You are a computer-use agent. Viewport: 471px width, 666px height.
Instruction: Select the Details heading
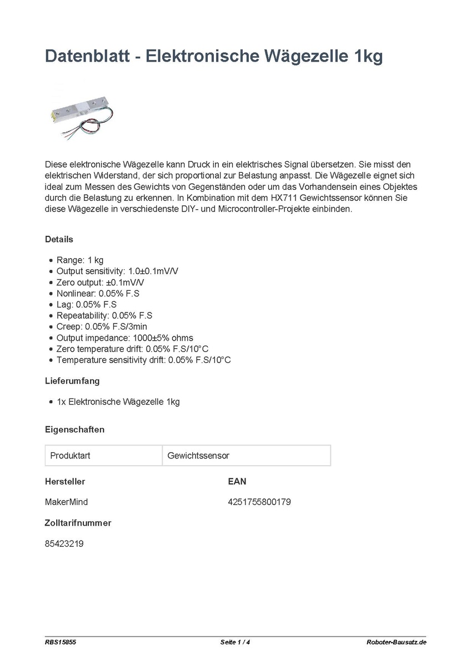[59, 240]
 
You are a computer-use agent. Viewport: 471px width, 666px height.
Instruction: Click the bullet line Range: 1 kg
[80, 260]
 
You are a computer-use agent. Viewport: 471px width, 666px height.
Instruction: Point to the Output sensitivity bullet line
[117, 271]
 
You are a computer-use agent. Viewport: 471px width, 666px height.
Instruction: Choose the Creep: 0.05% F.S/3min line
[102, 326]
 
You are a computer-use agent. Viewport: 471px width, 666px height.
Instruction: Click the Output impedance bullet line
[125, 337]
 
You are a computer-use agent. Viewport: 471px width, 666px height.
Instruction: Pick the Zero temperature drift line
[133, 349]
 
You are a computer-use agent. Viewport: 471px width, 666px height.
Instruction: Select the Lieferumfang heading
[72, 381]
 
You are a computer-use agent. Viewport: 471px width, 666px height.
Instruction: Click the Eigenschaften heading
[74, 430]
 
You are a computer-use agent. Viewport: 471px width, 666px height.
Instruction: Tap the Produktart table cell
[103, 456]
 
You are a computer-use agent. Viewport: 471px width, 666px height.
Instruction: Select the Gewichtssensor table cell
[246, 456]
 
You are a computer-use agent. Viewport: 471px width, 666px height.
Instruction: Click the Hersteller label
[65, 481]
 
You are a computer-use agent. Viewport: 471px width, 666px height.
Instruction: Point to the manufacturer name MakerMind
[66, 502]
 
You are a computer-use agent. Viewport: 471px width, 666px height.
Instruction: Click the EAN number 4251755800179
[259, 502]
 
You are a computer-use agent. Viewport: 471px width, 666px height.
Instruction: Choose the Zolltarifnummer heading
[78, 523]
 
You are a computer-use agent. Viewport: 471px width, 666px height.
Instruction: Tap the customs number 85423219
[64, 544]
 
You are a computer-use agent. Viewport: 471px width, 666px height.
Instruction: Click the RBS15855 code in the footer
[61, 643]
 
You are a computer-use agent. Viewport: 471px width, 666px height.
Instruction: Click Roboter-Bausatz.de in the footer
[397, 643]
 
